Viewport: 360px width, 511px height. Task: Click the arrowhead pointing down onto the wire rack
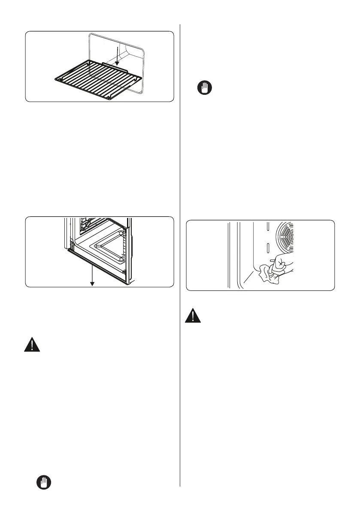pos(117,63)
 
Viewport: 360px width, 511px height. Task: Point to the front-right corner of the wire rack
pos(110,97)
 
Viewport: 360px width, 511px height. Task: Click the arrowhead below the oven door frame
pos(92,284)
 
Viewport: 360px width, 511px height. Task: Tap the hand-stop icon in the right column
pos(206,89)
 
